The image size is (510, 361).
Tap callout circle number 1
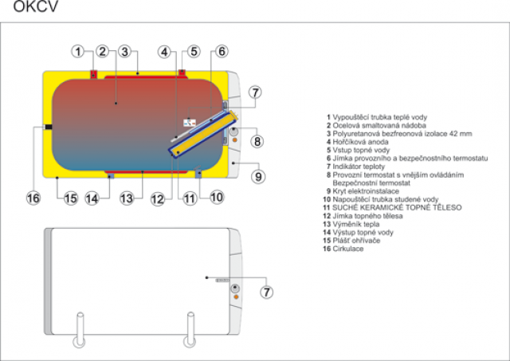[x=78, y=52]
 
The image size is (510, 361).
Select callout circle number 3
[x=124, y=52]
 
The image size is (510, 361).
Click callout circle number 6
[x=222, y=52]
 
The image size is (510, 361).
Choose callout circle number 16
[x=33, y=197]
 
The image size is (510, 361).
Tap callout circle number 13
[x=126, y=198]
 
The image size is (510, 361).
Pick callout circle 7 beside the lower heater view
[x=266, y=291]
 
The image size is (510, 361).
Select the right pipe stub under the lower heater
[x=190, y=333]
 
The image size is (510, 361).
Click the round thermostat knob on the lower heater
[x=235, y=292]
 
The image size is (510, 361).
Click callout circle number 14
[x=92, y=198]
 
